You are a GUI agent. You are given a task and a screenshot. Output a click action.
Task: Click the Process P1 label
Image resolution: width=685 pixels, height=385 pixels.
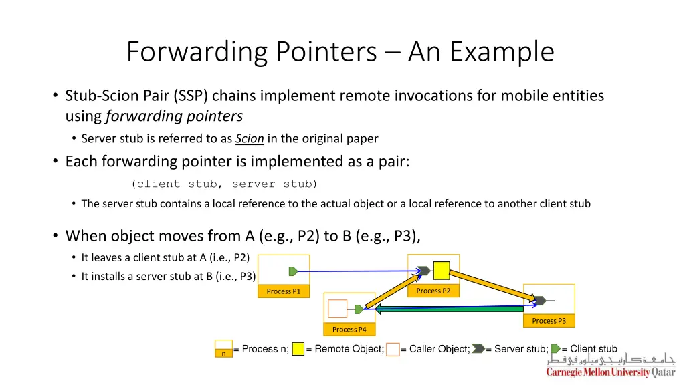[x=284, y=291]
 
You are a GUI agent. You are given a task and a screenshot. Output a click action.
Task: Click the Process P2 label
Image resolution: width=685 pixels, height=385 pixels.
[x=433, y=291]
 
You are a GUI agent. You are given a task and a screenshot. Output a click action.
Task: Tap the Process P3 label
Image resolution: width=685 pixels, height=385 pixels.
[x=549, y=321]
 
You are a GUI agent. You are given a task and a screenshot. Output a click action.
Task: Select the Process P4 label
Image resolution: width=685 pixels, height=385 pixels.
[x=349, y=329]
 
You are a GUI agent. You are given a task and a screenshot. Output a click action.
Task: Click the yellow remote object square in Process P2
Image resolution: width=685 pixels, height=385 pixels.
[x=442, y=271]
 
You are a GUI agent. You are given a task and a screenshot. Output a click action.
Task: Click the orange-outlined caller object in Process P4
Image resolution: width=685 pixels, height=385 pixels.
[x=338, y=308]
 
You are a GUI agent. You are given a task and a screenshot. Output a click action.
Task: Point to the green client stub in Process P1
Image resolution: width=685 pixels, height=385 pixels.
[x=293, y=271]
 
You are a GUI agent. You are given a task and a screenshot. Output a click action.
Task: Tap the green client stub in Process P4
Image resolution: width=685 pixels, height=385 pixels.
[x=359, y=309]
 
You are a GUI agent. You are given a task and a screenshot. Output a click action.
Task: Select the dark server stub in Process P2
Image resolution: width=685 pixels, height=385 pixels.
[x=423, y=271]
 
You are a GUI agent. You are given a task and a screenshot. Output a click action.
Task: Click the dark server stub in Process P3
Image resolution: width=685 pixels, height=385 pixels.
[x=539, y=301]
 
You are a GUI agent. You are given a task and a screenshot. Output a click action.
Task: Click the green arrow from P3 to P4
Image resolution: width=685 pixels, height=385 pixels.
[x=448, y=309]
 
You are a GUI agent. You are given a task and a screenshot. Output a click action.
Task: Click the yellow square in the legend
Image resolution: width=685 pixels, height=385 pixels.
[x=298, y=349]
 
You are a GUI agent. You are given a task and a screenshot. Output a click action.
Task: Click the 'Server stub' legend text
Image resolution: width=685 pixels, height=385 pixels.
[x=521, y=349]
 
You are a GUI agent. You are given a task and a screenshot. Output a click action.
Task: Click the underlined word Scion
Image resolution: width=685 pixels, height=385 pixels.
[x=250, y=139]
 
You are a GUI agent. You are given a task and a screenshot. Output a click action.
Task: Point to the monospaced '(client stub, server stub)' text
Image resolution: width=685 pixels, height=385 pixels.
[x=225, y=184]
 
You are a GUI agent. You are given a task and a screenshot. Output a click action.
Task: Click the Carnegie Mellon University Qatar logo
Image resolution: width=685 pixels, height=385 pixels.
[x=611, y=366]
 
